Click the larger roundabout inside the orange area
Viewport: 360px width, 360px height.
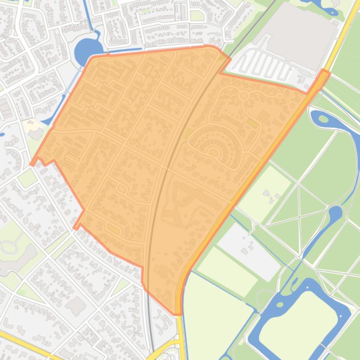pos(243,96)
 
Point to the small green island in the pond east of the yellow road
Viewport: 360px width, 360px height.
pos(323,119)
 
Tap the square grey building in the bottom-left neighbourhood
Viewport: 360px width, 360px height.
pos(75,306)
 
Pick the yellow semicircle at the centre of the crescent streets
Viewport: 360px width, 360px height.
pos(214,151)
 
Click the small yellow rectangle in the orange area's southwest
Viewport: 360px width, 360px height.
pos(113,229)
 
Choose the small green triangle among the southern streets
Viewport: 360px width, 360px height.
pos(121,286)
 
